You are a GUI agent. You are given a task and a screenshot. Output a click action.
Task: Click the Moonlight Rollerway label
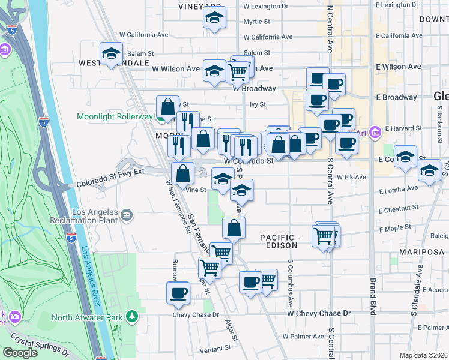click(x=116, y=116)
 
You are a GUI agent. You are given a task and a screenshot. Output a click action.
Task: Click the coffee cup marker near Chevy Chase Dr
click(x=178, y=293)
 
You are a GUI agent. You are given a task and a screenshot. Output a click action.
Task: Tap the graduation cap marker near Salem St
click(x=111, y=54)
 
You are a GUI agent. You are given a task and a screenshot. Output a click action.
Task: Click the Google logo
click(x=20, y=352)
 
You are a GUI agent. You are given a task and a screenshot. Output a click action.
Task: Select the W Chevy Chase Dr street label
click(x=319, y=314)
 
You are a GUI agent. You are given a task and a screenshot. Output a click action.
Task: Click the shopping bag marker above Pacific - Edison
click(x=234, y=229)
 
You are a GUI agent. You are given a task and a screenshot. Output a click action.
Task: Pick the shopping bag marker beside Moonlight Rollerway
click(x=168, y=106)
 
